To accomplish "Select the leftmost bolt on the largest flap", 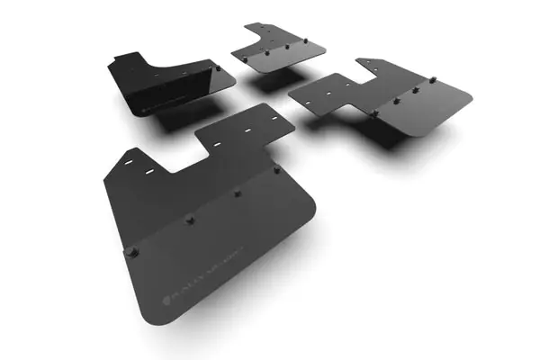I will point(132,252).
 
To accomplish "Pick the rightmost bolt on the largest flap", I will point(276,168).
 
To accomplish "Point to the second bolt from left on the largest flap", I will point(190,220).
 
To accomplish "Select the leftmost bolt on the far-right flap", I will point(373,113).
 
